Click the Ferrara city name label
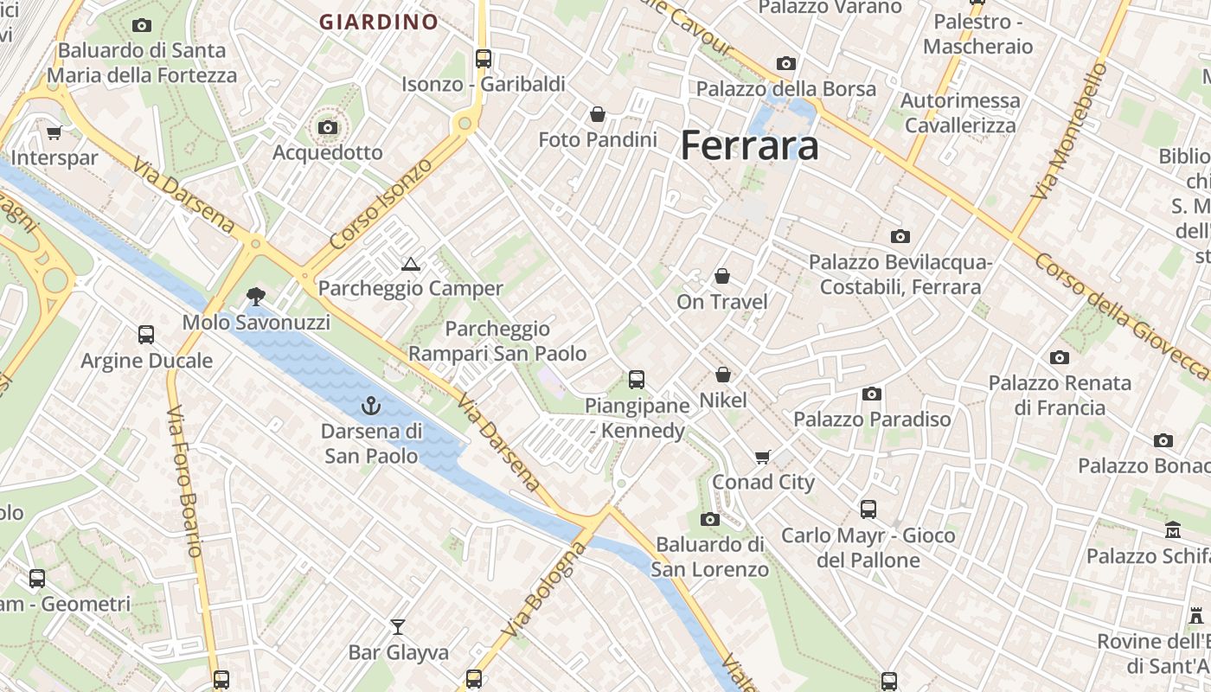tap(749, 145)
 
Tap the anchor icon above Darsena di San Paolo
tap(371, 405)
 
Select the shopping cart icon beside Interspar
tap(54, 132)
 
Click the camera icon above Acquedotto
tap(327, 128)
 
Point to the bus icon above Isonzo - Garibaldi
tap(484, 59)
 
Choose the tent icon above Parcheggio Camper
tap(410, 264)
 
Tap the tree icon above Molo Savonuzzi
tap(255, 297)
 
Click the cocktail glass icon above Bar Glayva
tap(398, 626)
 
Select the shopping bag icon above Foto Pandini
tap(597, 114)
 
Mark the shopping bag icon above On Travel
tap(721, 276)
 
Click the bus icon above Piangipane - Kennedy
tap(637, 379)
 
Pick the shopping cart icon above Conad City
tap(762, 457)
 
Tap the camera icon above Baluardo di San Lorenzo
tap(709, 519)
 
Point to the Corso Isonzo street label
tap(381, 204)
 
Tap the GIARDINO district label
tap(379, 22)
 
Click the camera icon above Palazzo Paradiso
tap(872, 394)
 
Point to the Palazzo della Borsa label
tap(785, 88)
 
